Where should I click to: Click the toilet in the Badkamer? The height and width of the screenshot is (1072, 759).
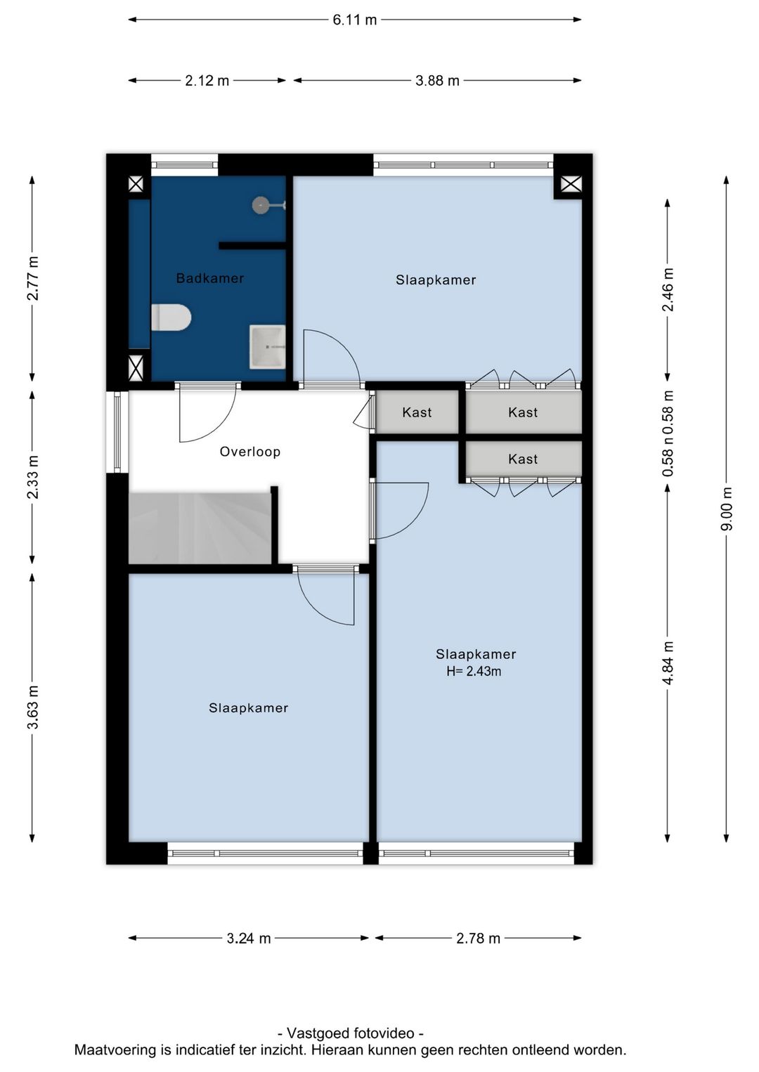[x=171, y=318]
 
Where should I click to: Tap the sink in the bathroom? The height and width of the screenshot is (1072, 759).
[x=267, y=347]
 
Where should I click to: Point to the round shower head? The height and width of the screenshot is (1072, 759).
[x=260, y=205]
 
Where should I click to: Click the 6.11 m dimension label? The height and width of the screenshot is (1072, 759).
[x=355, y=20]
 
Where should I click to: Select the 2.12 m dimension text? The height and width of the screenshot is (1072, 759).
[x=207, y=81]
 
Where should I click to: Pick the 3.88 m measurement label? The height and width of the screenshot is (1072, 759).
[x=437, y=81]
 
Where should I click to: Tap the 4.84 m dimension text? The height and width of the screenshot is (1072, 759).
[x=668, y=663]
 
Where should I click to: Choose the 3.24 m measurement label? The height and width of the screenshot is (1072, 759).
[x=249, y=939]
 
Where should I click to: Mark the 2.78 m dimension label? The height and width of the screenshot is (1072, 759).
[x=478, y=939]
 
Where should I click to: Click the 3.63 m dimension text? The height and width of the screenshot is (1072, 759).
[x=32, y=707]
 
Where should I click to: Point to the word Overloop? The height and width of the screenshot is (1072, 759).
[x=250, y=452]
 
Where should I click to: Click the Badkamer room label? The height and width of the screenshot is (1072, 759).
[x=210, y=278]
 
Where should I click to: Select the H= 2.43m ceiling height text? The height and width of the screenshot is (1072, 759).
[x=474, y=672]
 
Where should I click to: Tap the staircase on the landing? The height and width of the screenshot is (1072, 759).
[x=200, y=528]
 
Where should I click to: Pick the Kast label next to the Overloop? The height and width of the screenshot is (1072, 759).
[x=417, y=412]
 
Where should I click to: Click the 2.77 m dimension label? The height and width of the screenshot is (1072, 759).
[x=32, y=278]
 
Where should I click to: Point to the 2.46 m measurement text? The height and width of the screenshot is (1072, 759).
[x=668, y=289]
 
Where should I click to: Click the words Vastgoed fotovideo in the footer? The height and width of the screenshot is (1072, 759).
[x=351, y=1033]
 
